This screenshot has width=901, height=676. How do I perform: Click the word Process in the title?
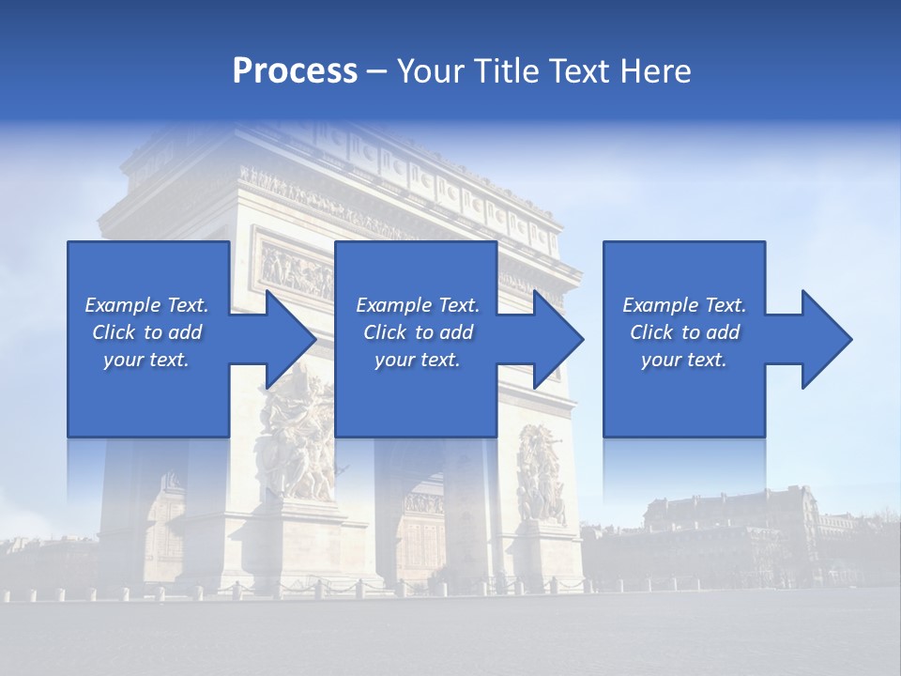[295, 71]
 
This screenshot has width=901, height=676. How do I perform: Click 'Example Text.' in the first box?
[146, 305]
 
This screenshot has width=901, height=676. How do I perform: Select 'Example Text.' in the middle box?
[418, 305]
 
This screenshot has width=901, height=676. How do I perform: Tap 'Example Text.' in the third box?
[684, 305]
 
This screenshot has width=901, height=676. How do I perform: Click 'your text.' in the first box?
[146, 360]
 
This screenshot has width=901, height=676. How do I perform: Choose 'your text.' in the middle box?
[418, 360]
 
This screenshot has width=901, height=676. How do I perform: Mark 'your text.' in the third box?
[684, 360]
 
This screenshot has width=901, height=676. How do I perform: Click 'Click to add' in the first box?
[146, 332]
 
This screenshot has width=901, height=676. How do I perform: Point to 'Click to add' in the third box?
[684, 332]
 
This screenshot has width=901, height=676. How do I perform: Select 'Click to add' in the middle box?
[418, 332]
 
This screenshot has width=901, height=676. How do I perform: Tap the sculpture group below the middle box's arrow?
[542, 474]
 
